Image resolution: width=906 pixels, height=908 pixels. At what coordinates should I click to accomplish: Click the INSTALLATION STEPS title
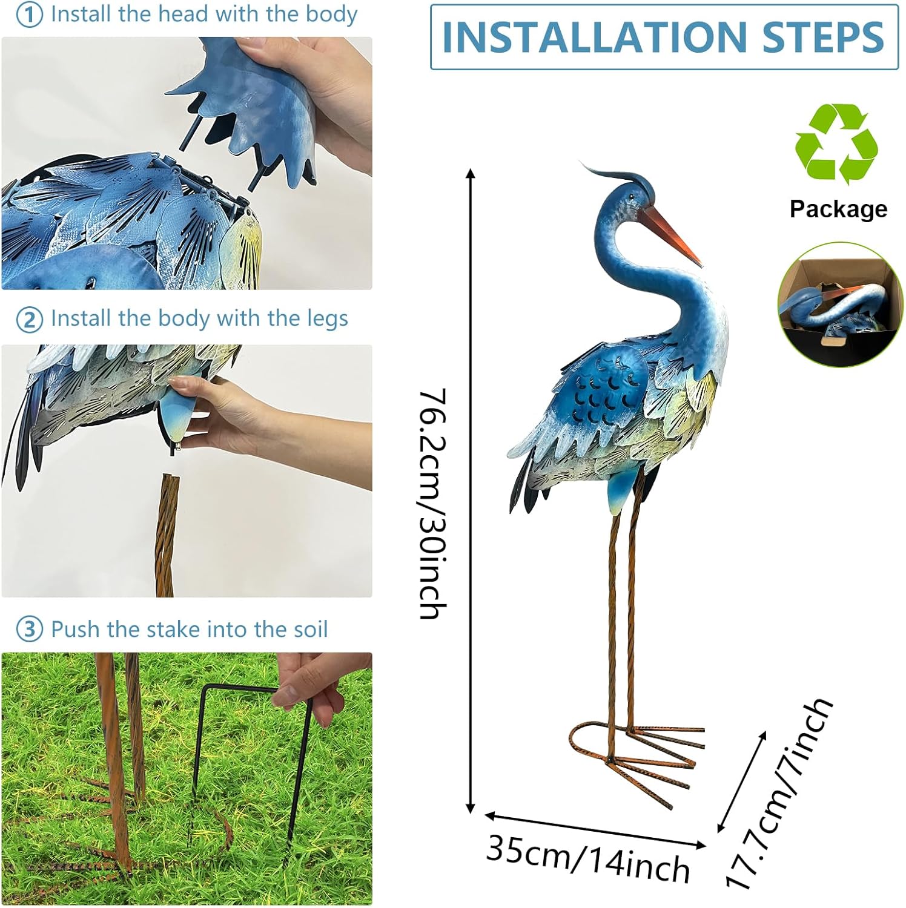click(664, 37)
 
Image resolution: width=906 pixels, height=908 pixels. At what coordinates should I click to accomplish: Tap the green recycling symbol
click(836, 143)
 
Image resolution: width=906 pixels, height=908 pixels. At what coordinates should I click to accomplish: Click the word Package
click(838, 209)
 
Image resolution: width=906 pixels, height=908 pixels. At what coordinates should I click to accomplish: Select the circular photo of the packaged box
click(839, 304)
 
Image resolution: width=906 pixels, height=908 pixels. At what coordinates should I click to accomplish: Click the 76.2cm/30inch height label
click(434, 504)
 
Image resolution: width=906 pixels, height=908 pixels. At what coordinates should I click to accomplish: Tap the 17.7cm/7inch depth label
click(780, 794)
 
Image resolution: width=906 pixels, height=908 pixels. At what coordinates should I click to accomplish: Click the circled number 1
click(29, 15)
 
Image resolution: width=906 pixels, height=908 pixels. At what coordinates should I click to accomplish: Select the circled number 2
click(29, 320)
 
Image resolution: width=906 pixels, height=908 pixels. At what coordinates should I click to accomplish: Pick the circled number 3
click(29, 630)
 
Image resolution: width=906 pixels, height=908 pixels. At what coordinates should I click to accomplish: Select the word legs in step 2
click(328, 319)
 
